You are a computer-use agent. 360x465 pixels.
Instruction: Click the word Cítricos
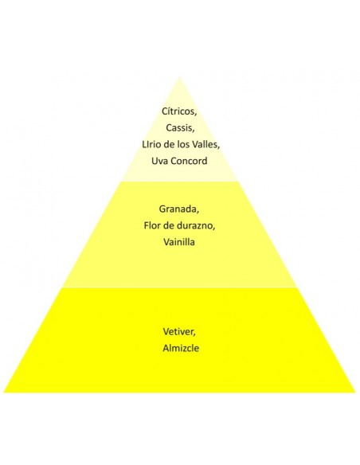tap(179, 111)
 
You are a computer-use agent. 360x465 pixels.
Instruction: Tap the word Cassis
tap(180, 128)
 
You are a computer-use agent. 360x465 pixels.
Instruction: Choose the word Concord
tap(190, 161)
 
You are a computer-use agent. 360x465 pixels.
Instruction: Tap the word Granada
tap(179, 209)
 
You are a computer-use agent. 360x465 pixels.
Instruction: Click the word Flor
tap(152, 225)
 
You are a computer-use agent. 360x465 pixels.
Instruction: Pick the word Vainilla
tap(179, 242)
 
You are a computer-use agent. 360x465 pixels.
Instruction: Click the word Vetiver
tap(179, 331)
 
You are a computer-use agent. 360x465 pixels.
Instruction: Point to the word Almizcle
tap(181, 348)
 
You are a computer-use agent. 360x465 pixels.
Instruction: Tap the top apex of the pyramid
tap(179, 77)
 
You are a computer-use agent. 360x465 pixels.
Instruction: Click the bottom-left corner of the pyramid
tap(3, 393)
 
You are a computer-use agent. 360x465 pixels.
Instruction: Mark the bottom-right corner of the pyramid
tap(355, 393)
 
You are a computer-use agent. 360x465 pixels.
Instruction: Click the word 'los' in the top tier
tap(183, 144)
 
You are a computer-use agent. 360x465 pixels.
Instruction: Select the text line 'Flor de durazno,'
tap(179, 225)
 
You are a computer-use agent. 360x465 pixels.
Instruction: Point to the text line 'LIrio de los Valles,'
tap(181, 144)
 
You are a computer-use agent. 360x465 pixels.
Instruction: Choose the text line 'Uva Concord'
tap(179, 161)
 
